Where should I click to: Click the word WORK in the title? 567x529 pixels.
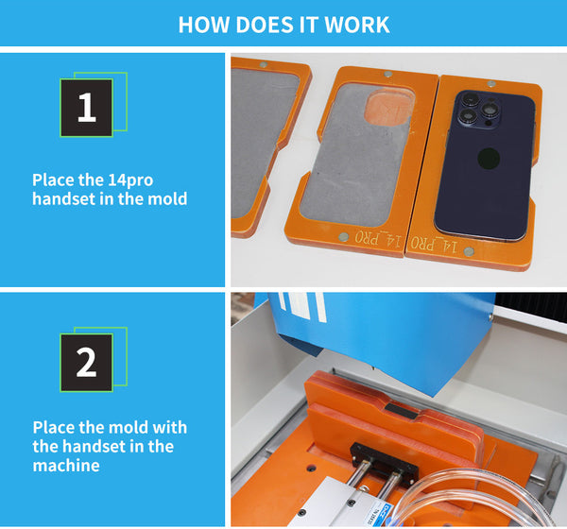point(356,25)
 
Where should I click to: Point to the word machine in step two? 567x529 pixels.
point(66,466)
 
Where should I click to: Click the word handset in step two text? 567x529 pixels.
point(94,446)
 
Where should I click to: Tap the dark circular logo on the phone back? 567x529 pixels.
point(489,159)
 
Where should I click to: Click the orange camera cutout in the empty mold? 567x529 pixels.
point(389,107)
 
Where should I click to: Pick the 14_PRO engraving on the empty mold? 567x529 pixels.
point(378,239)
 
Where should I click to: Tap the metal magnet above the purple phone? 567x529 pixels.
point(490,84)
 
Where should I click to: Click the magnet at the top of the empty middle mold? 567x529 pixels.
point(388,74)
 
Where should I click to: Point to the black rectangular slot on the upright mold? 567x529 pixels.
point(401,411)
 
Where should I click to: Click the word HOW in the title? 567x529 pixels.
point(204,25)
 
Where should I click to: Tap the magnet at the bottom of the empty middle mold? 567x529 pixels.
point(343,237)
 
